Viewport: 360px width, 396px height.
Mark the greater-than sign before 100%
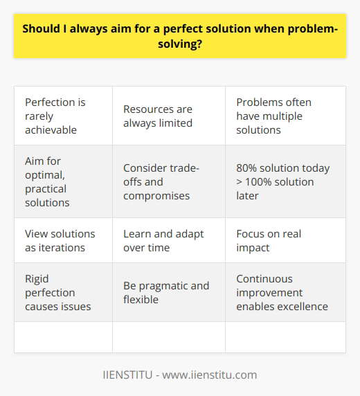click(x=240, y=181)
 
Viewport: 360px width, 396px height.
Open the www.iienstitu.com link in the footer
click(x=214, y=375)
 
